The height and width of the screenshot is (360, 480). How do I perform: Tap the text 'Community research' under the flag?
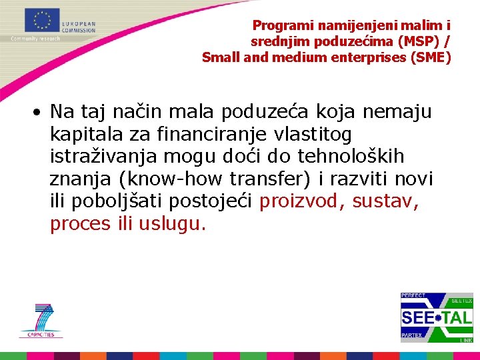click(35, 39)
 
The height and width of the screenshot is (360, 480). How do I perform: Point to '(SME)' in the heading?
click(433, 57)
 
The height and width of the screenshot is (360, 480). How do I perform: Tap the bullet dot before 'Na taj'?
click(41, 111)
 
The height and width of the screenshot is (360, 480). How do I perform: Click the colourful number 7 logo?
click(42, 319)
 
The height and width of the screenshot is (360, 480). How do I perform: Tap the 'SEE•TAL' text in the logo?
click(436, 317)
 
